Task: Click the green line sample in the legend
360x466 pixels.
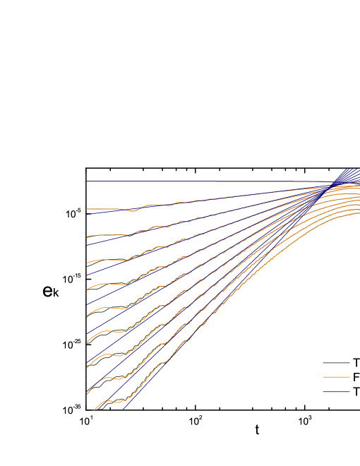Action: pyautogui.click(x=336, y=363)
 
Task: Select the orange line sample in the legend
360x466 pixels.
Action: pyautogui.click(x=336, y=377)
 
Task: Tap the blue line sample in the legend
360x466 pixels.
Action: pyautogui.click(x=336, y=391)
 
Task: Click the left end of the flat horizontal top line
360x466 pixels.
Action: pyautogui.click(x=87, y=181)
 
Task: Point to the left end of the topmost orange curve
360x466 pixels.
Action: pyautogui.click(x=87, y=209)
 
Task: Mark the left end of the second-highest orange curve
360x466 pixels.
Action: pyautogui.click(x=87, y=236)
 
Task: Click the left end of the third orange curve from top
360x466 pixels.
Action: pyautogui.click(x=87, y=262)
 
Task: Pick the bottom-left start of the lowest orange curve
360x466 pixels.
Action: pyautogui.click(x=95, y=409)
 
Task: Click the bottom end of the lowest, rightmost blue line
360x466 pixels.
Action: pyautogui.click(x=124, y=410)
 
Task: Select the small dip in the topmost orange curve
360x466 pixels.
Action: pyautogui.click(x=133, y=210)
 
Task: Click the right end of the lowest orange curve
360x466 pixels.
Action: pyautogui.click(x=359, y=212)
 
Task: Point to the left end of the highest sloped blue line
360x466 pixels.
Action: pyautogui.click(x=87, y=214)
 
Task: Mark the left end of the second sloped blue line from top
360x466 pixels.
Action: pyautogui.click(x=87, y=245)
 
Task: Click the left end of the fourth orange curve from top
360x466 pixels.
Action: pyautogui.click(x=87, y=289)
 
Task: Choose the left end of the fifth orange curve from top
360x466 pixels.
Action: pyautogui.click(x=87, y=315)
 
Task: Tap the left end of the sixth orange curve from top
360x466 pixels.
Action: pyautogui.click(x=87, y=342)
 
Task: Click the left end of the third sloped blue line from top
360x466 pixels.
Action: pyautogui.click(x=87, y=275)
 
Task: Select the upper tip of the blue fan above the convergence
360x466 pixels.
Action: pyautogui.click(x=347, y=169)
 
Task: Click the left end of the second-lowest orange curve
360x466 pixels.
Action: pyautogui.click(x=87, y=393)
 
